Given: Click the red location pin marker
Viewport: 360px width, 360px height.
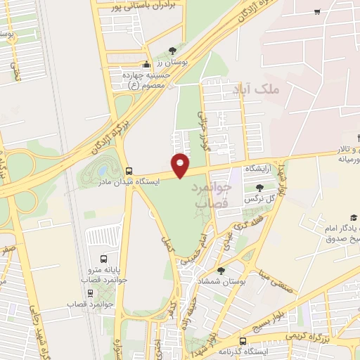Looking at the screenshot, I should [x=181, y=165].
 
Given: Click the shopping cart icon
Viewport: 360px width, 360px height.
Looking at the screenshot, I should [x=318, y=11].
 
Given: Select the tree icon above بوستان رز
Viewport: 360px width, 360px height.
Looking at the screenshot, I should [x=172, y=49].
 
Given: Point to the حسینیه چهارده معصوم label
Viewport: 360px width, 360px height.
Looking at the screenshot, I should [x=146, y=80].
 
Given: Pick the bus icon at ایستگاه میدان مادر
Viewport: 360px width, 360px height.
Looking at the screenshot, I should [x=128, y=171].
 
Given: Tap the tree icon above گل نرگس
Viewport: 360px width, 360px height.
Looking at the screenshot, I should [x=259, y=188].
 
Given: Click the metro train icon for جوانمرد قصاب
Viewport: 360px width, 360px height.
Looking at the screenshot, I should [x=90, y=293].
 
